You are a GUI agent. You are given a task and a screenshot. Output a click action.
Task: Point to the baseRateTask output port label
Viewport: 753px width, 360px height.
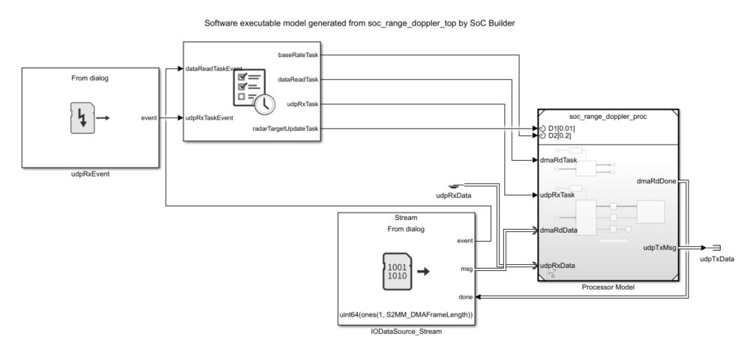pos(298,55)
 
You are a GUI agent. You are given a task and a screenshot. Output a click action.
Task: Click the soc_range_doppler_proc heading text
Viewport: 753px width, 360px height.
pos(607,117)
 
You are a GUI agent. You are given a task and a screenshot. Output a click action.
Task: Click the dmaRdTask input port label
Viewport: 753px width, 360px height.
pos(559,159)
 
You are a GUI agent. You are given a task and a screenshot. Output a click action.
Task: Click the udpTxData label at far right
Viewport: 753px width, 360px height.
pos(717,259)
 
